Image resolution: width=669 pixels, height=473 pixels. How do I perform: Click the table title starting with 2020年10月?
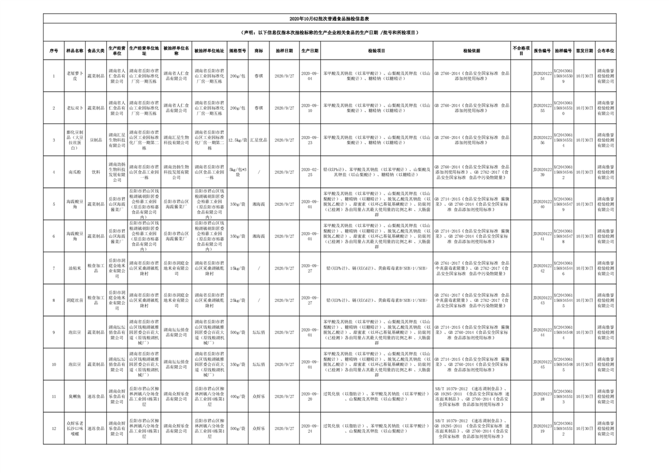(334, 20)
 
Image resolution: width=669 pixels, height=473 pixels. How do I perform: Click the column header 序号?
(54, 52)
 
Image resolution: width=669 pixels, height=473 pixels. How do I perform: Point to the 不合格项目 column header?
(521, 52)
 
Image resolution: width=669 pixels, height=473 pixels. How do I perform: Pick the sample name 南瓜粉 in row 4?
(75, 172)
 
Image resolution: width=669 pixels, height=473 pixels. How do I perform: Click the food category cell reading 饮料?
(96, 172)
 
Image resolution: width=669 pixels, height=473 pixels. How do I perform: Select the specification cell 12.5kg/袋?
(238, 140)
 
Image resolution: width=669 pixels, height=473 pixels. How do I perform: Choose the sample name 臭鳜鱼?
(75, 397)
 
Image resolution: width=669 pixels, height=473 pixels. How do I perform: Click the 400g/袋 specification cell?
(238, 397)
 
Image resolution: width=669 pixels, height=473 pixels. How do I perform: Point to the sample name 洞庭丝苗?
(75, 301)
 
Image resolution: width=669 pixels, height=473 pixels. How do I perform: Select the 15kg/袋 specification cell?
(238, 268)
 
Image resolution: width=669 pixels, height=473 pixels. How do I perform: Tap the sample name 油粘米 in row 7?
(75, 268)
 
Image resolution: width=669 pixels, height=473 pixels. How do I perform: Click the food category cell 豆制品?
(96, 140)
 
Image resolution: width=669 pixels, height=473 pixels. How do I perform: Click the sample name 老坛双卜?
(75, 108)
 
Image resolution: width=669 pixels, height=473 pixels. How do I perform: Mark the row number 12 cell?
(54, 429)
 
